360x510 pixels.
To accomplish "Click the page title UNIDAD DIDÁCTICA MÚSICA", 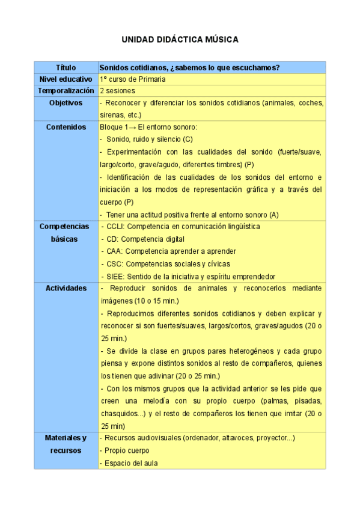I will click(180, 40).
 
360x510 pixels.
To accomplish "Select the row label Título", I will click(66, 67).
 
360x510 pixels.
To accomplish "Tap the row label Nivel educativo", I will click(66, 79).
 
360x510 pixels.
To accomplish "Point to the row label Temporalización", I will click(66, 91).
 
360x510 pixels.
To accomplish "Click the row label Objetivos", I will click(66, 103).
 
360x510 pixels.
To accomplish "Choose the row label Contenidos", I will click(66, 127).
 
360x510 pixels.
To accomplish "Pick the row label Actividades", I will click(66, 289).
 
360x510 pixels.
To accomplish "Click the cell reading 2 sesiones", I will click(117, 91).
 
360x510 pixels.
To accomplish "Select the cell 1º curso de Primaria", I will click(133, 79).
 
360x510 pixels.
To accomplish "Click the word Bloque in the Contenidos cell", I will click(111, 127).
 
